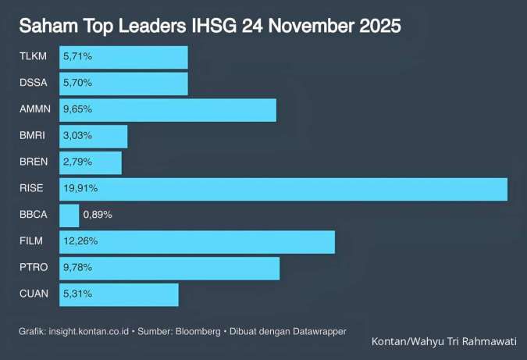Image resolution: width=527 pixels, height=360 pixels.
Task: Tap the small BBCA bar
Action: [x=69, y=216]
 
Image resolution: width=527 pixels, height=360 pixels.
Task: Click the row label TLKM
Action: [x=32, y=57]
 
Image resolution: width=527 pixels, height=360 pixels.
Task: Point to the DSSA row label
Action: [x=33, y=84]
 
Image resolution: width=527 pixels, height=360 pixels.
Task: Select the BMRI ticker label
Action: [x=32, y=136]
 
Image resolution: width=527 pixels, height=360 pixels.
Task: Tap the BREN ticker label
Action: [x=33, y=162]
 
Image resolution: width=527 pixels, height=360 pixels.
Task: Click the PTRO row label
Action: [x=34, y=268]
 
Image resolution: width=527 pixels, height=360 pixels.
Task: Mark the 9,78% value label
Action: [x=78, y=268]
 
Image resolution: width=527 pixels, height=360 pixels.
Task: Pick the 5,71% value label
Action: [x=78, y=57]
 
